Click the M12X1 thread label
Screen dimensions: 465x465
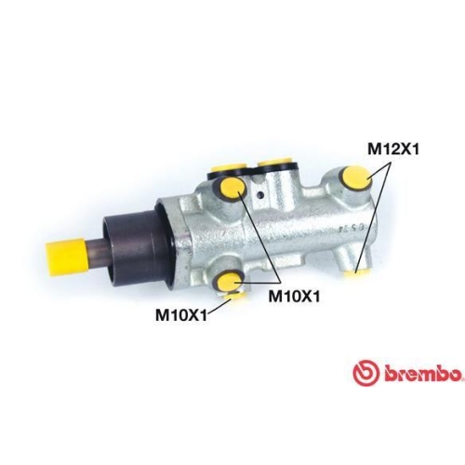pos(395,148)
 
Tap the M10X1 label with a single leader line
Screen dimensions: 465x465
pos(179,313)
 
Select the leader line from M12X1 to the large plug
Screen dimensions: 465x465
pos(370,169)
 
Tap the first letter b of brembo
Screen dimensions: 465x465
pos(381,374)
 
